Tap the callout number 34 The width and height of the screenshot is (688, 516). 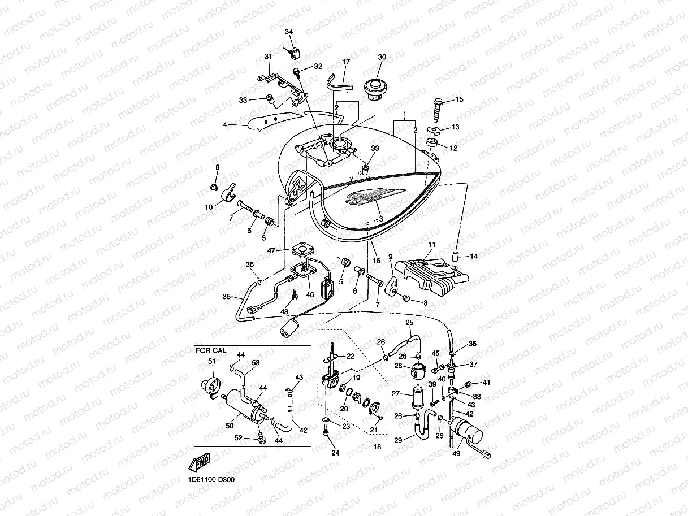coord(289,32)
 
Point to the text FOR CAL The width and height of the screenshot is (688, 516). coord(211,350)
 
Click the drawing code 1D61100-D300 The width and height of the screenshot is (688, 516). coord(211,480)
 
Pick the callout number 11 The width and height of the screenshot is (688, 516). coord(431,245)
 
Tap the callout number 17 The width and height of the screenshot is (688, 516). coord(346,62)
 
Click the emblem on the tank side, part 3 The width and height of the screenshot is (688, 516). coord(360,197)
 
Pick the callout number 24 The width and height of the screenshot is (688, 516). coord(335,453)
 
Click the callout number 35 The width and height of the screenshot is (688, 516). coord(227,296)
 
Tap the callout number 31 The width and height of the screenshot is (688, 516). coord(268,56)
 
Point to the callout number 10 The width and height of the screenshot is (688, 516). coord(209,207)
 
